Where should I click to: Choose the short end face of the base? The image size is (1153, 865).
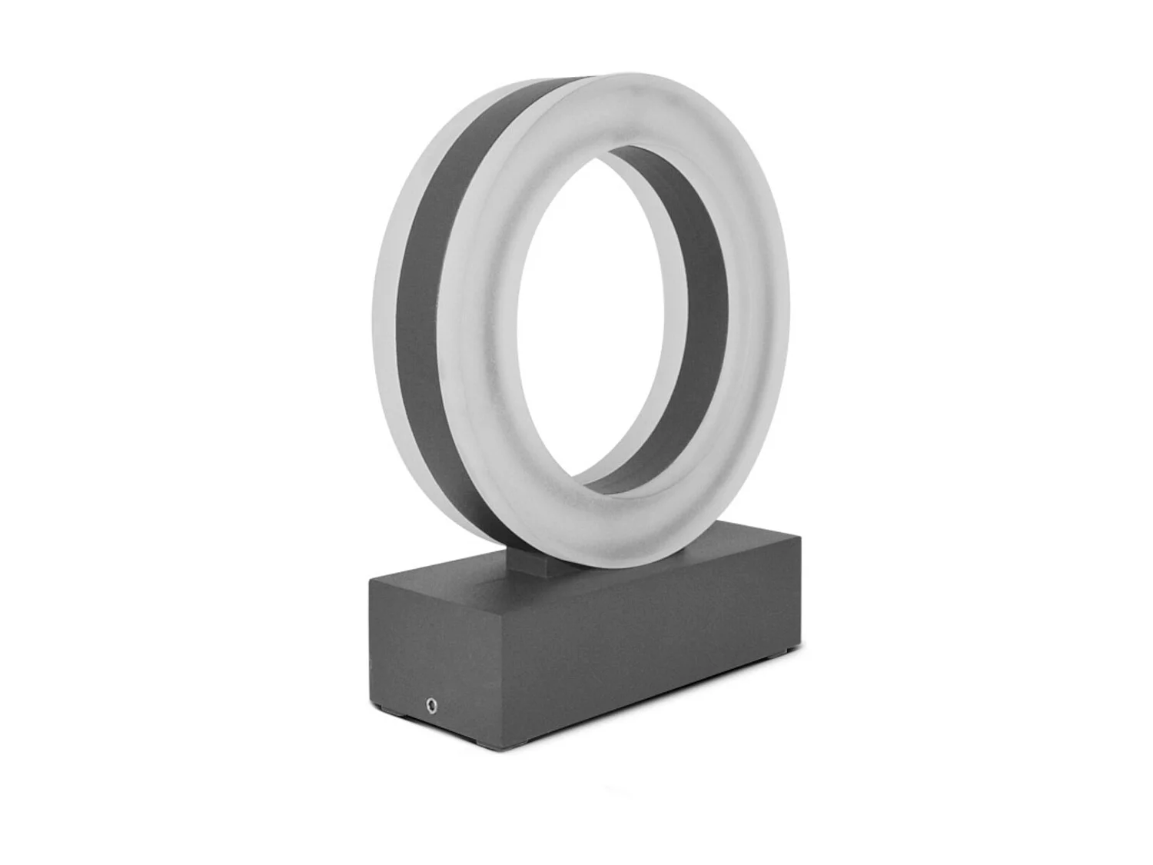[x=434, y=654]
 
